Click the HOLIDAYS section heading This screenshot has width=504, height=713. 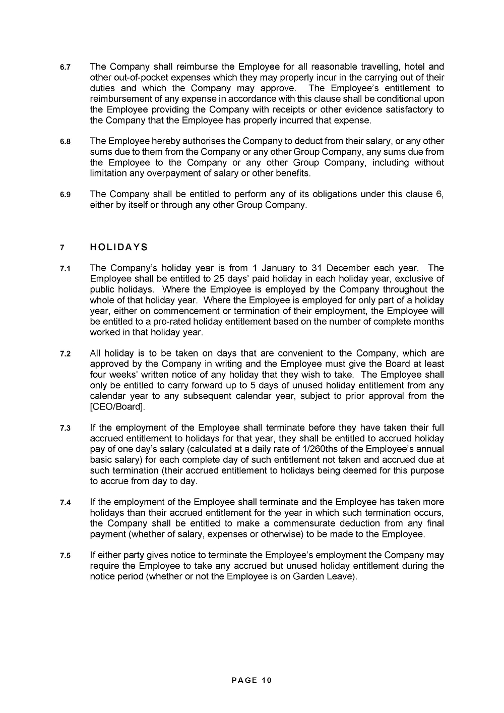119,247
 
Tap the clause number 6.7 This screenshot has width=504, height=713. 65,67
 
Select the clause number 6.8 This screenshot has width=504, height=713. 65,142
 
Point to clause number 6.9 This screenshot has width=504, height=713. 65,195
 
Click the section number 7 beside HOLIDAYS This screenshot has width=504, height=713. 62,248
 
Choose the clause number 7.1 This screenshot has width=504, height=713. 65,269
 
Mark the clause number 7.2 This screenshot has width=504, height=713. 65,353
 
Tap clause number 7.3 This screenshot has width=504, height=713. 65,428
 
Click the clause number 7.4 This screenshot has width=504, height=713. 65,502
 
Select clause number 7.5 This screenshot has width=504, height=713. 65,556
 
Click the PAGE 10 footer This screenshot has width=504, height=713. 251,680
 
